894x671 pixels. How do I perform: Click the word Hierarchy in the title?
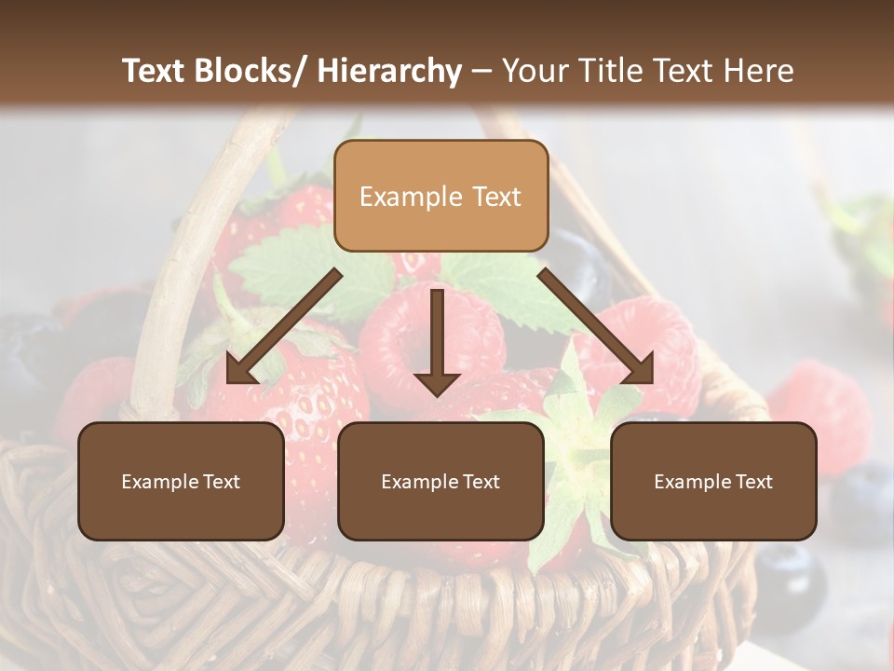(389, 71)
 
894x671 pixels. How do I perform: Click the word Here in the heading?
(759, 71)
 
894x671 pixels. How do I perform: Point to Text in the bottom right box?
(753, 482)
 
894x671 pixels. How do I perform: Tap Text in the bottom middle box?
(481, 482)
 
